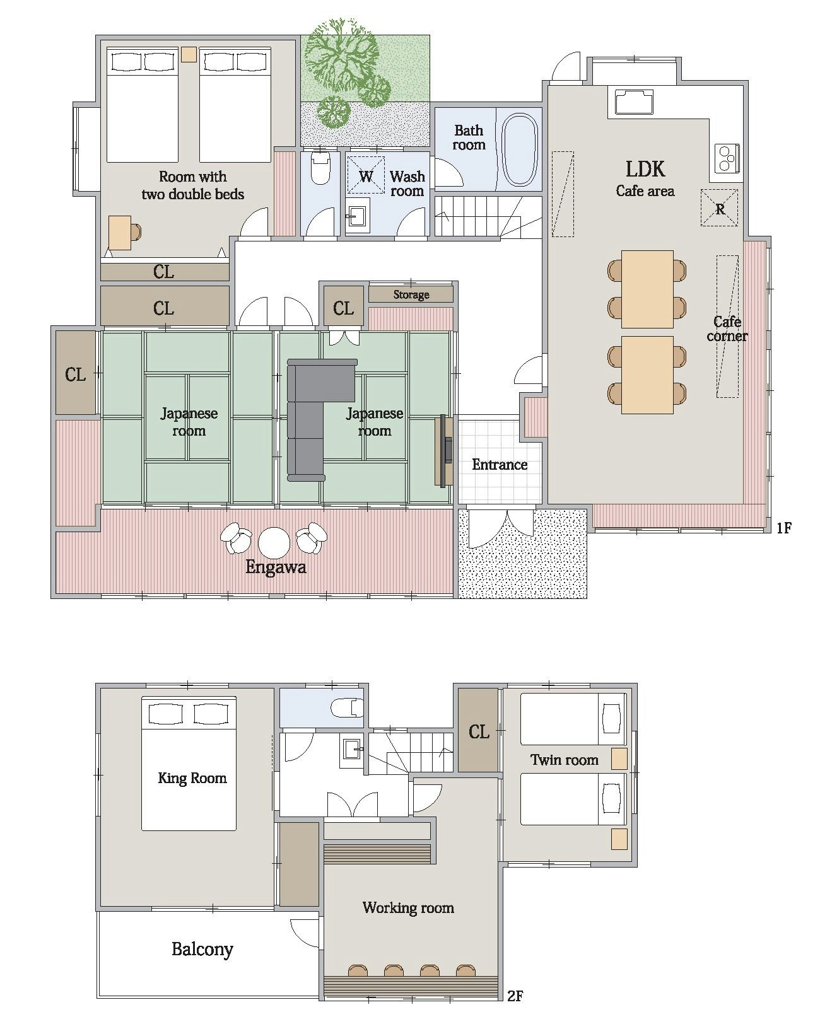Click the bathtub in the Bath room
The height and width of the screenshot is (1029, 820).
pyautogui.click(x=520, y=149)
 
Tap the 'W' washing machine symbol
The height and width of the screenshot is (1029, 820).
pyautogui.click(x=365, y=175)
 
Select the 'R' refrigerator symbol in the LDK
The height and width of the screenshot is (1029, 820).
pyautogui.click(x=719, y=207)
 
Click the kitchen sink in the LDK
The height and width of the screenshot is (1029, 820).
pyautogui.click(x=633, y=102)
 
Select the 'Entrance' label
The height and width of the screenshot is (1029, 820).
pyautogui.click(x=500, y=464)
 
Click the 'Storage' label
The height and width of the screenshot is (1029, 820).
pyautogui.click(x=411, y=294)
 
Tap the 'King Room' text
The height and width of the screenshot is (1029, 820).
pyautogui.click(x=192, y=778)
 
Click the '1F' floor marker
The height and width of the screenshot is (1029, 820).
pyautogui.click(x=783, y=527)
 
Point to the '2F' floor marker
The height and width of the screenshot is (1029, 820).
pyautogui.click(x=515, y=992)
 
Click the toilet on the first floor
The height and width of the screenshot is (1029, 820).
pyautogui.click(x=320, y=168)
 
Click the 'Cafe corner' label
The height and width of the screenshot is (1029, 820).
pyautogui.click(x=727, y=328)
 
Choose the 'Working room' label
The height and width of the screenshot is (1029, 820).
pyautogui.click(x=408, y=907)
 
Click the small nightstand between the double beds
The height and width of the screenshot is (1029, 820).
pyautogui.click(x=189, y=54)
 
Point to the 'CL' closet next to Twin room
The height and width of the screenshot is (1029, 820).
pyautogui.click(x=479, y=731)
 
